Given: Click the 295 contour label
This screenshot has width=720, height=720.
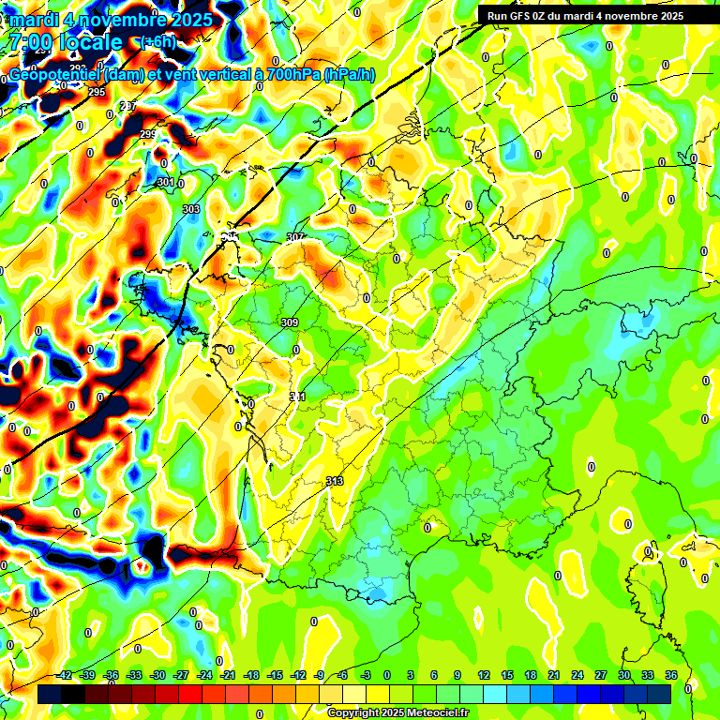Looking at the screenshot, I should click(x=97, y=92).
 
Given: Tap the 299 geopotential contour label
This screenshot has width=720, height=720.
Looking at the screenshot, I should click(x=148, y=135).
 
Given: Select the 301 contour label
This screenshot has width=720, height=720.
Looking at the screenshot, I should click(x=166, y=182).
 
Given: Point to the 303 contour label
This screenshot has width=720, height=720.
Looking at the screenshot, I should click(x=191, y=209).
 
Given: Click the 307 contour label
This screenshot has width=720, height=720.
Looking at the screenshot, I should click(x=295, y=237).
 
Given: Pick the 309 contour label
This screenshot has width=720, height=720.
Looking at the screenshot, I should click(x=289, y=322).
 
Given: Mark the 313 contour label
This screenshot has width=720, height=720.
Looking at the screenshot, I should click(x=335, y=481).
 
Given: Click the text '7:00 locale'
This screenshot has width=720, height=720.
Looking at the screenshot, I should click(x=65, y=42).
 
